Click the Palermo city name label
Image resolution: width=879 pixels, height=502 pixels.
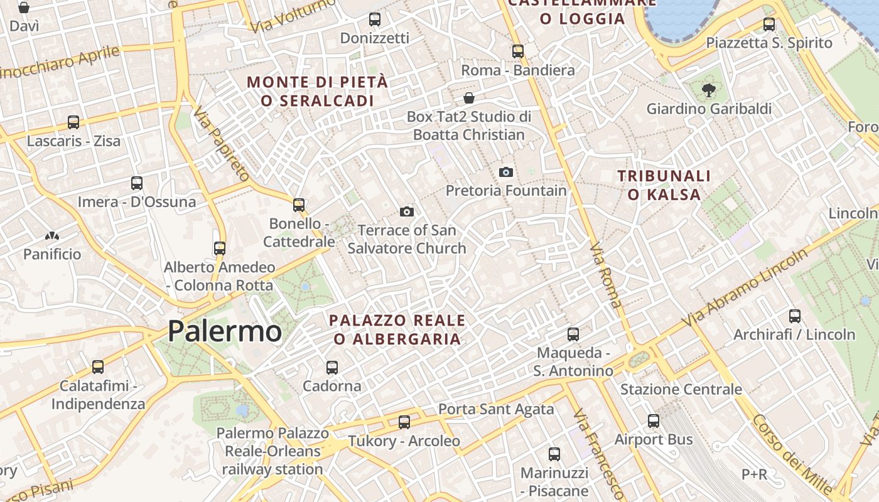[224, 331]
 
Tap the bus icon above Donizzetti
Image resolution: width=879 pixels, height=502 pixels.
[375, 19]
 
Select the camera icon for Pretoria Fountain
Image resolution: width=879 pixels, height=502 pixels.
[505, 172]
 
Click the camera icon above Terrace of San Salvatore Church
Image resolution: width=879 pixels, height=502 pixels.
[407, 212]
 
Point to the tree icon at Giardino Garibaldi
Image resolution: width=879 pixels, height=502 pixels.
[709, 90]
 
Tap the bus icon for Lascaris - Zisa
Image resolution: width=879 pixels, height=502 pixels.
[73, 122]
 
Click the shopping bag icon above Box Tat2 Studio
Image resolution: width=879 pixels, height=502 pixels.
[468, 98]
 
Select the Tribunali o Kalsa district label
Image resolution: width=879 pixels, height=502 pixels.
[664, 185]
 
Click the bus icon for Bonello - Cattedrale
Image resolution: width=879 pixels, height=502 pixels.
[299, 205]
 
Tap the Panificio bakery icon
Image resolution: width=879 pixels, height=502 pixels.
[52, 236]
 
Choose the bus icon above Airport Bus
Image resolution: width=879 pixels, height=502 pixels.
[654, 421]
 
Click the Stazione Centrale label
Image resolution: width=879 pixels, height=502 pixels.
[681, 390]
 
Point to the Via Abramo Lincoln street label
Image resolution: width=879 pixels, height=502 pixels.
[746, 287]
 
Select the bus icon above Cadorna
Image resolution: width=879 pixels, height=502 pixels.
[332, 367]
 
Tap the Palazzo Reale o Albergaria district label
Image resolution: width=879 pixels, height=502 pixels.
[397, 329]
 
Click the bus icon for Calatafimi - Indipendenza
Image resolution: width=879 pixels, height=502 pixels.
[98, 367]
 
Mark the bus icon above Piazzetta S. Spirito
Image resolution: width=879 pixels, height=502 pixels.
[769, 24]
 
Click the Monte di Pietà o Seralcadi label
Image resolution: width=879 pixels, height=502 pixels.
[317, 91]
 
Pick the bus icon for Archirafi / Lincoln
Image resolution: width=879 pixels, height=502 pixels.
[795, 316]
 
